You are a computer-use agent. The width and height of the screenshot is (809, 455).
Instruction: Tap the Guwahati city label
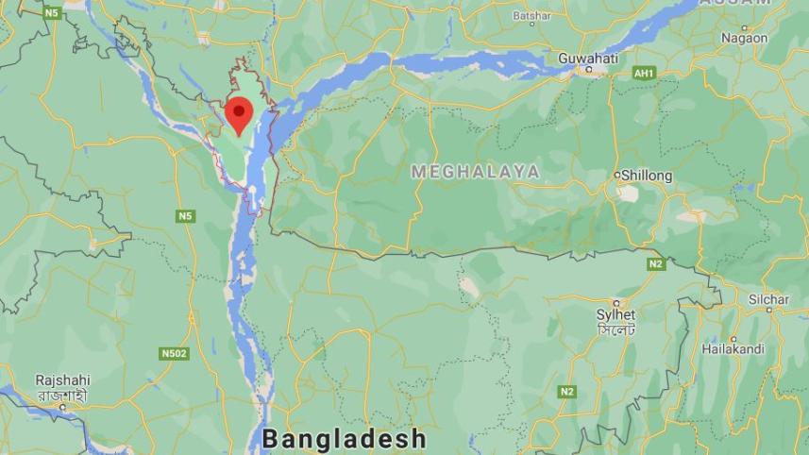click(587, 58)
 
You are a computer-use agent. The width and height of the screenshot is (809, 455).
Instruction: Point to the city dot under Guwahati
click(589, 69)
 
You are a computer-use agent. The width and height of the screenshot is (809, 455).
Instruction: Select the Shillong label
click(648, 176)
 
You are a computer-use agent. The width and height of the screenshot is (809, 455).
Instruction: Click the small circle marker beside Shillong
click(617, 176)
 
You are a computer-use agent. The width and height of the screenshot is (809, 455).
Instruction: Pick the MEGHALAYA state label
click(476, 172)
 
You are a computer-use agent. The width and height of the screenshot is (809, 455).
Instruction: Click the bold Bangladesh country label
click(344, 439)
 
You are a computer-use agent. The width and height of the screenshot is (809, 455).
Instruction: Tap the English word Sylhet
click(615, 314)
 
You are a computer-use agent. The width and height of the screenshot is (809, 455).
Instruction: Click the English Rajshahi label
click(62, 379)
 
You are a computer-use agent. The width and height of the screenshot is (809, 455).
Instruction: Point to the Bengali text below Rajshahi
click(62, 395)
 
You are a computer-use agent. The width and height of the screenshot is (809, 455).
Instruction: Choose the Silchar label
click(768, 299)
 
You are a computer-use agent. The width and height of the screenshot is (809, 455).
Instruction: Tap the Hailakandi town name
click(733, 349)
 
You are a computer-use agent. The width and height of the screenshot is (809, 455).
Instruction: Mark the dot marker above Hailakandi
click(733, 338)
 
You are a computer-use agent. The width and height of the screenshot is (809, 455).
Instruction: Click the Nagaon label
click(744, 38)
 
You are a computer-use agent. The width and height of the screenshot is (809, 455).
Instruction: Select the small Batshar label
click(531, 16)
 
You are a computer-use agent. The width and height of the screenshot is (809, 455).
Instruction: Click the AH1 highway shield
click(645, 73)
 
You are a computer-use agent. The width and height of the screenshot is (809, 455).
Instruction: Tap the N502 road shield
click(174, 354)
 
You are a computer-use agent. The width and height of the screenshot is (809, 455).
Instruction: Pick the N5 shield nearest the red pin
click(185, 216)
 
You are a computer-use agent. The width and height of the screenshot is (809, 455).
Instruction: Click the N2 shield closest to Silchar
click(656, 264)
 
